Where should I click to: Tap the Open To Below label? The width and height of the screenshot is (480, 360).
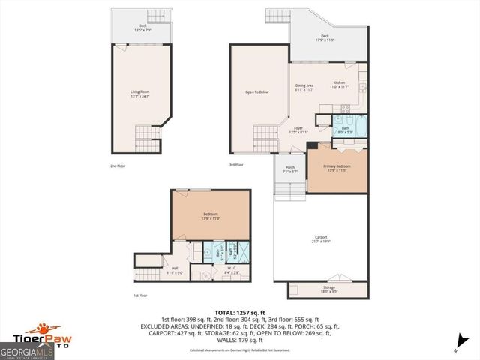257,92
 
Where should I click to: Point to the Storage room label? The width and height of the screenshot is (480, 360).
329,287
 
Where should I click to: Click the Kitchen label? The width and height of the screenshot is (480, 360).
340,84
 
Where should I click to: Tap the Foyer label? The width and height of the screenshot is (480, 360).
298,129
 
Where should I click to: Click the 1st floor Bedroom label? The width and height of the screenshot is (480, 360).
210,216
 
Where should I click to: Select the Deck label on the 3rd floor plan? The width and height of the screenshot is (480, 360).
325,37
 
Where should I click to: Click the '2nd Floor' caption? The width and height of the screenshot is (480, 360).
118,165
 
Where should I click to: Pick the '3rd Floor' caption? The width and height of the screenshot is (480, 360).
237,165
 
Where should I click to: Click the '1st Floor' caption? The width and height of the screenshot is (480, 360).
141,295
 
